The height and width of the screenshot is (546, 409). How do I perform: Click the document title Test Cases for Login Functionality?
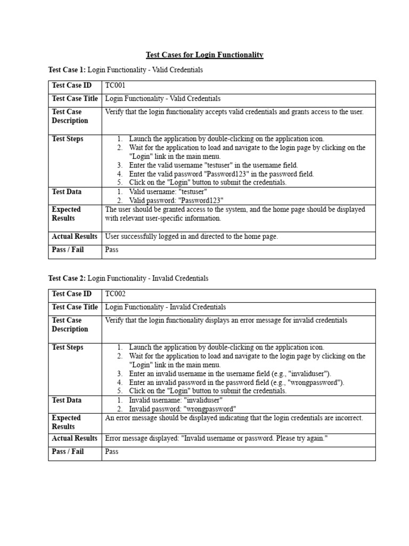tap(204, 55)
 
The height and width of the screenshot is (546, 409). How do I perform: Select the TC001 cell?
tap(116, 85)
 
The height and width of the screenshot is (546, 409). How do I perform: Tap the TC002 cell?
tap(116, 294)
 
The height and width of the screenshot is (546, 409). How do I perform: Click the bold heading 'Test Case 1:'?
tap(67, 70)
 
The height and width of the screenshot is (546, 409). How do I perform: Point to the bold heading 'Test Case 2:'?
tap(67, 278)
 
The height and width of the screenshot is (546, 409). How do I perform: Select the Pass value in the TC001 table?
tap(112, 250)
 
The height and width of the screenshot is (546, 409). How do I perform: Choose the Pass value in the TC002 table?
tap(112, 452)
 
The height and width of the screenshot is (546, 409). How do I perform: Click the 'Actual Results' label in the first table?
tap(75, 236)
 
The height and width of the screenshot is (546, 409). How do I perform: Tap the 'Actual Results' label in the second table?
tap(75, 438)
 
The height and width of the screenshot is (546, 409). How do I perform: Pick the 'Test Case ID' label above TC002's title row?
tap(71, 294)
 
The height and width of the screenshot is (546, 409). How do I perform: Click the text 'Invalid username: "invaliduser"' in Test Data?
tap(176, 400)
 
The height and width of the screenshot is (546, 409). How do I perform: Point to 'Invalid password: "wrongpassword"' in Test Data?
tap(182, 409)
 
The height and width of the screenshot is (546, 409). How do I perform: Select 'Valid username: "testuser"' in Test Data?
tap(168, 192)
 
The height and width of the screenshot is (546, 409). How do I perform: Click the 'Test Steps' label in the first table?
tap(68, 139)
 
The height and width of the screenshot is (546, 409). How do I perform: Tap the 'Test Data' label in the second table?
tap(67, 400)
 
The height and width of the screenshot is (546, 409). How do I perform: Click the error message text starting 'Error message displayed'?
tap(216, 438)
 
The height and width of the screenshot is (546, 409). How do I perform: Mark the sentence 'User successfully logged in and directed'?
tap(191, 236)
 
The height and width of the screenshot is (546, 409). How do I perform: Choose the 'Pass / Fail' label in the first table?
tap(68, 250)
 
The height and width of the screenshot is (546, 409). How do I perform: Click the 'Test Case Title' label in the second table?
tap(75, 307)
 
